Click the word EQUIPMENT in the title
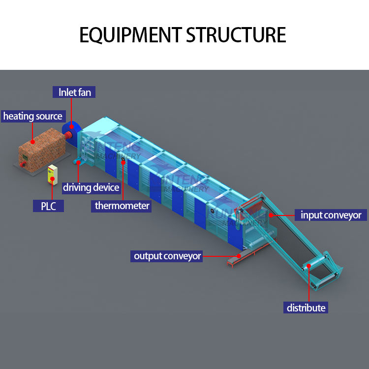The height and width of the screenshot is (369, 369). [130, 35]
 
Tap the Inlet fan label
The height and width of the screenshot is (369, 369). [74, 92]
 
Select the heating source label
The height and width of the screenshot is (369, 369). [33, 117]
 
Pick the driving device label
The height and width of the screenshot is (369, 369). [91, 187]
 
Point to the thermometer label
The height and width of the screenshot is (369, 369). [122, 206]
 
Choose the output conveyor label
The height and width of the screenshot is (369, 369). [167, 256]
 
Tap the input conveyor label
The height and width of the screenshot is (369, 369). [331, 215]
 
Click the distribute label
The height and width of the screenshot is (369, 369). [306, 308]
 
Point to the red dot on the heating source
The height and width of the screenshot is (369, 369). [33, 142]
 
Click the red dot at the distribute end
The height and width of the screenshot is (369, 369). [308, 266]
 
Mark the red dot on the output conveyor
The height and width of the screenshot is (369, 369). [238, 256]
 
